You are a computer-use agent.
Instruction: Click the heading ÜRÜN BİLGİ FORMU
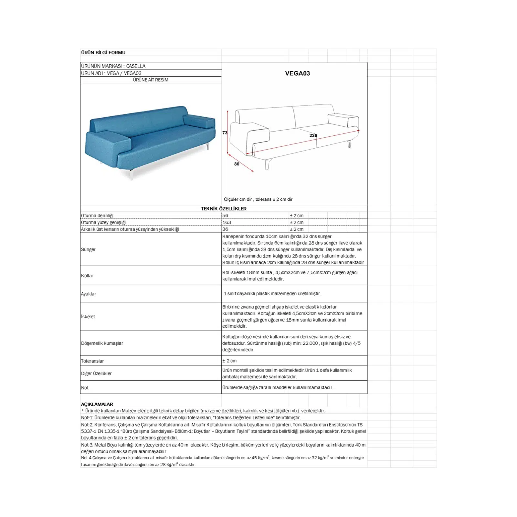point(103,53)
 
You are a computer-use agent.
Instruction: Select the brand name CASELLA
point(136,66)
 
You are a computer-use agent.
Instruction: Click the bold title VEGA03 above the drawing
point(297,73)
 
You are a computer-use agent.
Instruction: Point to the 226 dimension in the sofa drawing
point(313,135)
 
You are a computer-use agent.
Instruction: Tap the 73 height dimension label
point(225,133)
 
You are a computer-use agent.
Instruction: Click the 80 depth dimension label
point(237,164)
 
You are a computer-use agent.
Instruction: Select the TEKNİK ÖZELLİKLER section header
point(224,209)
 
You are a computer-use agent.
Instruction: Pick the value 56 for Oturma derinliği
point(225,216)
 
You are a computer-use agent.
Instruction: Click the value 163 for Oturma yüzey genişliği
point(227,222)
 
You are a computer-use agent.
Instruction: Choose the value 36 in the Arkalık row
point(225,229)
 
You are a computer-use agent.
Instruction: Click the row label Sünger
point(88,249)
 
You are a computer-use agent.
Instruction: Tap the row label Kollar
point(87,276)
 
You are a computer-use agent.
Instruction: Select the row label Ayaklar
point(89,294)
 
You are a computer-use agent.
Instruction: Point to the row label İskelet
point(88,317)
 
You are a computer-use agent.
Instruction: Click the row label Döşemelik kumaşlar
point(102,343)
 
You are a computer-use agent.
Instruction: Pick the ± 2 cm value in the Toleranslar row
point(229,361)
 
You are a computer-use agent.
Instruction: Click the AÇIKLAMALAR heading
point(97,404)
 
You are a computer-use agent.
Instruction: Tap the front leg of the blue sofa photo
point(131,174)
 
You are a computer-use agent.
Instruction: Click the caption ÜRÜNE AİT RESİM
point(151,80)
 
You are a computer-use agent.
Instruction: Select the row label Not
point(85,388)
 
